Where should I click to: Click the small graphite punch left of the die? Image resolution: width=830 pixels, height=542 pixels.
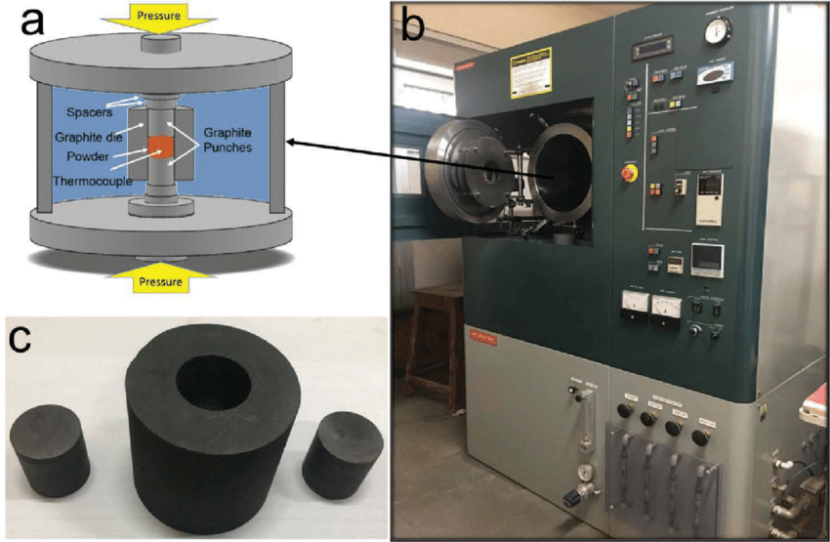[50, 451]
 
